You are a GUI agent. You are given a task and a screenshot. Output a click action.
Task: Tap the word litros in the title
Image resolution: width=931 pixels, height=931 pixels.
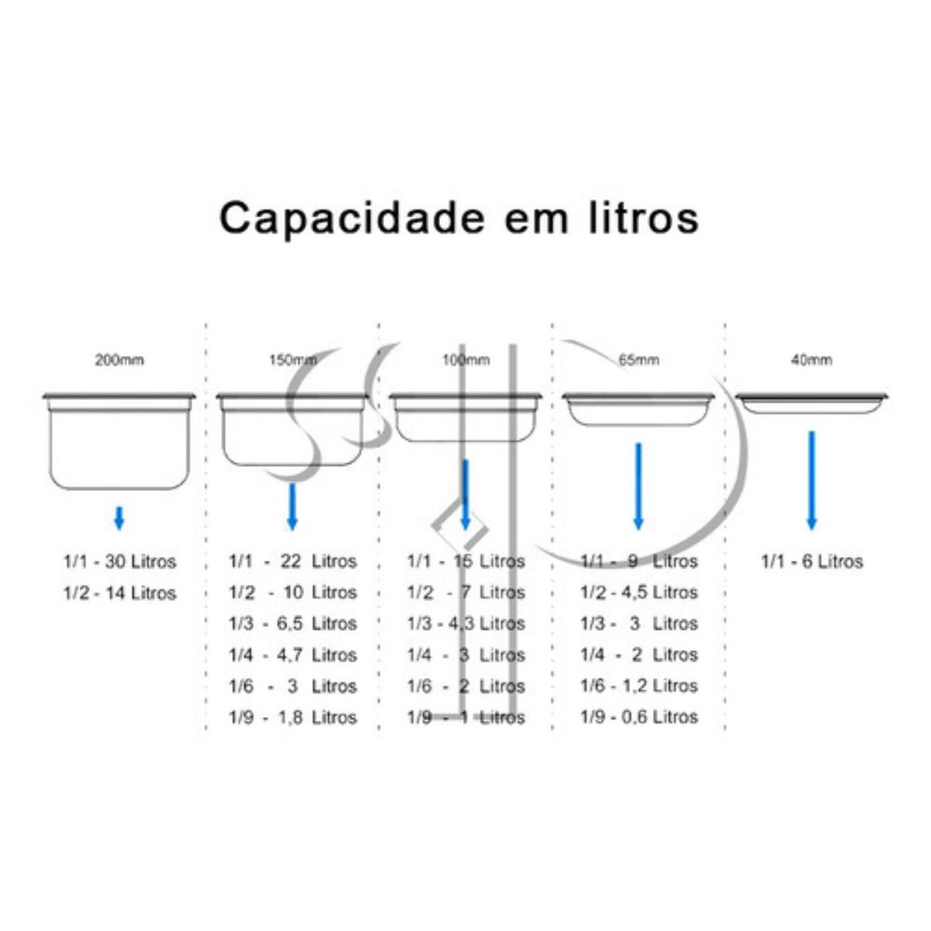coord(644,217)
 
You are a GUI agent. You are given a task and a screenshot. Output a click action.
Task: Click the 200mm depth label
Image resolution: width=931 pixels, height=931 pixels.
coord(119,360)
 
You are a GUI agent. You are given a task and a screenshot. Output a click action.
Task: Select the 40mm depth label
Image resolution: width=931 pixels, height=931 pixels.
coord(812,360)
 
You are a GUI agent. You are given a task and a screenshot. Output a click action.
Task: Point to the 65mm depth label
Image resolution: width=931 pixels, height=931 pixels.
coord(639,360)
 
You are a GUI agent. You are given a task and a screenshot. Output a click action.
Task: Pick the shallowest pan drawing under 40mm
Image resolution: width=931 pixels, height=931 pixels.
coord(812,403)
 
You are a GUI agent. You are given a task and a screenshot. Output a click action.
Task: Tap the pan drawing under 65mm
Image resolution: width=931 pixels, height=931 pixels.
coord(639,409)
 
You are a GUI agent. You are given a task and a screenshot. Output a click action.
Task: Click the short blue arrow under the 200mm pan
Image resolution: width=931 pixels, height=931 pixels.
coord(119,517)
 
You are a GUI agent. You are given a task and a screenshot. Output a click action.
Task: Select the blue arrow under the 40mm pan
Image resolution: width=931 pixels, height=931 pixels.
coord(812,480)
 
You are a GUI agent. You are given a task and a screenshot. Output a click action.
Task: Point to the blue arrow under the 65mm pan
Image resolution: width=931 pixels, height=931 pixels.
coord(639,486)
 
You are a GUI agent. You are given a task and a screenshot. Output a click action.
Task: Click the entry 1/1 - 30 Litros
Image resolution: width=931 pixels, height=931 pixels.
coord(120,561)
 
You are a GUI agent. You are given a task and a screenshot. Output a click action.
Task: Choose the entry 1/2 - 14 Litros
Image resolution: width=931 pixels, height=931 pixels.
coord(120,593)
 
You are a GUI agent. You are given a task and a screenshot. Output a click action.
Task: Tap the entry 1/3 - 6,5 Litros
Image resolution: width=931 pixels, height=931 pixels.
coord(293,624)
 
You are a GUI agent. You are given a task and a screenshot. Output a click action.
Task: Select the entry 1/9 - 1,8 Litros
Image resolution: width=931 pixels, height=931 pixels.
coord(293,717)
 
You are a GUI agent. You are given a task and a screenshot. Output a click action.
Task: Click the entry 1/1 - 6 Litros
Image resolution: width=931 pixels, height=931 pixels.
coord(812,561)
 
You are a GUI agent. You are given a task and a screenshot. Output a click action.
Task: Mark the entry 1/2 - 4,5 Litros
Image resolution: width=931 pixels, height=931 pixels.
coord(639,592)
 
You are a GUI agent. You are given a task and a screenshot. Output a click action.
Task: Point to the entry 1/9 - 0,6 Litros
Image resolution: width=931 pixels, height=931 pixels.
coord(639,716)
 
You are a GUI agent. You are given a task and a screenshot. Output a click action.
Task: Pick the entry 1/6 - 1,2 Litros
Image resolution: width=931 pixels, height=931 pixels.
coord(639,686)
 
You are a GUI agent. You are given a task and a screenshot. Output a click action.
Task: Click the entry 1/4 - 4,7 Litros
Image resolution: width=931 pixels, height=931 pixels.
coord(293,655)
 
